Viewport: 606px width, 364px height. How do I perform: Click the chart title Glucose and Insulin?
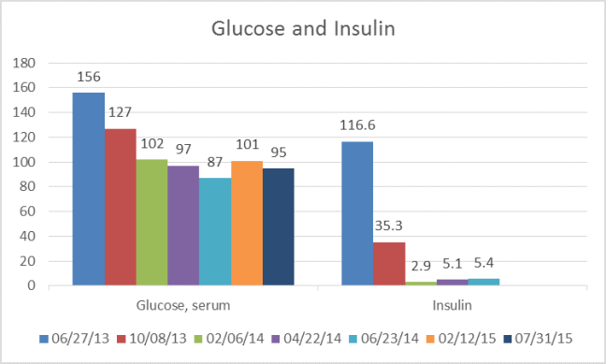[304, 29]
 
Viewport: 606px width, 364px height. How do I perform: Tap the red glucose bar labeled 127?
[121, 207]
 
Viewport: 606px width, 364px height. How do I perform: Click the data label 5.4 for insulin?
[483, 265]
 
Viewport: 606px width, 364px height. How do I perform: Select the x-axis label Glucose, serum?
[184, 305]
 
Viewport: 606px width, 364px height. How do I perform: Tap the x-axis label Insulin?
[451, 305]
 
